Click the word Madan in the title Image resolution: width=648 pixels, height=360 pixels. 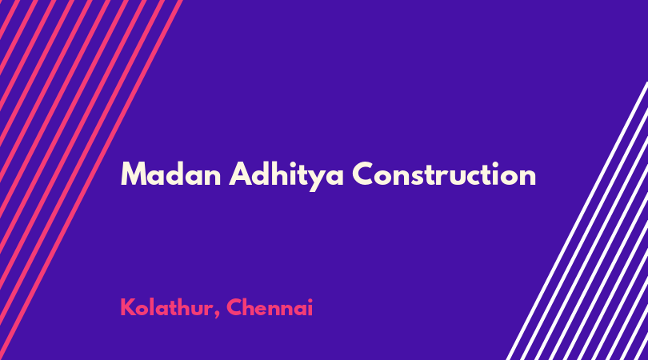point(170,174)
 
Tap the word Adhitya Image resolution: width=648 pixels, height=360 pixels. point(286,177)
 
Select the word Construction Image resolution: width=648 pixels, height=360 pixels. point(444,174)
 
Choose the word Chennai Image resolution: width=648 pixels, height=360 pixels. point(270,307)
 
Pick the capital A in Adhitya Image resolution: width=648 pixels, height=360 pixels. point(241,174)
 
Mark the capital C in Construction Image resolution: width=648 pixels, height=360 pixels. point(364,174)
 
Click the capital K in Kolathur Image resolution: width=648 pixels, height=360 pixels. point(127,307)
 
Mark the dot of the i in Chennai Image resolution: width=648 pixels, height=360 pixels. point(310,299)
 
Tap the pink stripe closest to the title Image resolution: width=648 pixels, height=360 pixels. point(91,180)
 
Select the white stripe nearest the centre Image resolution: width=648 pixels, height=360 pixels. point(578,221)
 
